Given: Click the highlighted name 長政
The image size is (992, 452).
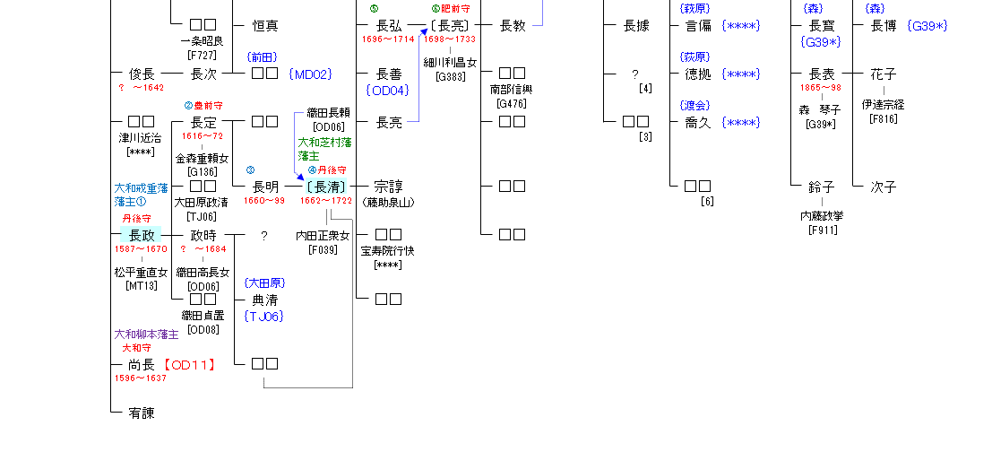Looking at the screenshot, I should [x=142, y=236].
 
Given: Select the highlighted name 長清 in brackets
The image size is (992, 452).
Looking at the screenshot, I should [x=324, y=187].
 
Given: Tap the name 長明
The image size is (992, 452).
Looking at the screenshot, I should [x=265, y=187].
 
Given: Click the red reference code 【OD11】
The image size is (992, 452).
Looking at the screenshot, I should [x=191, y=365].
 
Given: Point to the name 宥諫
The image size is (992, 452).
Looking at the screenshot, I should [x=142, y=413].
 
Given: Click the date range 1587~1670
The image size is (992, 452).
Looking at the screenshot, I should [x=142, y=248].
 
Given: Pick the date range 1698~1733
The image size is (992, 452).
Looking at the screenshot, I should [x=450, y=39].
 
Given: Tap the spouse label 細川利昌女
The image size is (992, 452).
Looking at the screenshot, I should [x=450, y=64].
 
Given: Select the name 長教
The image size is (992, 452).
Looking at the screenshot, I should [x=513, y=26].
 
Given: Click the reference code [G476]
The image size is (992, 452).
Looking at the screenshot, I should [x=513, y=103].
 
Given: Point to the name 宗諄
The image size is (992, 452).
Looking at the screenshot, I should [x=388, y=187].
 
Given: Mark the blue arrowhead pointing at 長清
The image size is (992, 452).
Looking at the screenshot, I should [x=300, y=178].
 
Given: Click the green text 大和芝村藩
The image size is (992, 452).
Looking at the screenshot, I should [x=324, y=143].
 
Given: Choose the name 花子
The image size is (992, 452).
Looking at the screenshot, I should [x=884, y=74].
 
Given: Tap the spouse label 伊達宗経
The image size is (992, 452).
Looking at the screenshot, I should [x=884, y=104].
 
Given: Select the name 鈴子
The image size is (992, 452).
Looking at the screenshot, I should [x=822, y=187].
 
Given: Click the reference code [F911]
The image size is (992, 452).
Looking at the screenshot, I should [x=822, y=230].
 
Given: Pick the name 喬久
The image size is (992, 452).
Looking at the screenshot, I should [x=698, y=123].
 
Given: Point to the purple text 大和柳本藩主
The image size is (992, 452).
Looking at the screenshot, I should [x=146, y=334].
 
